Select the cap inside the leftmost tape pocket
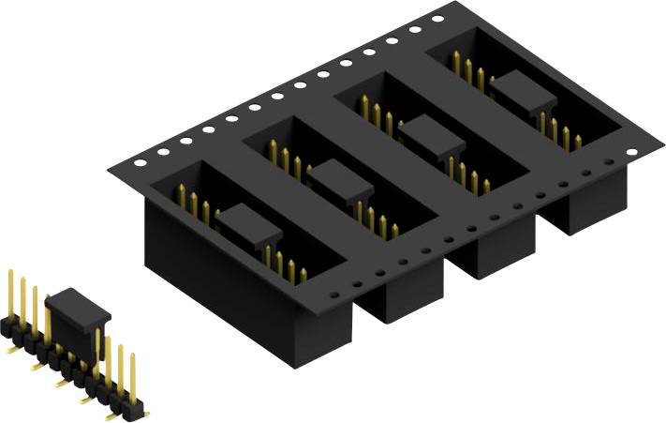click(248, 225)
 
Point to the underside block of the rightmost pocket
click(576, 211)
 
